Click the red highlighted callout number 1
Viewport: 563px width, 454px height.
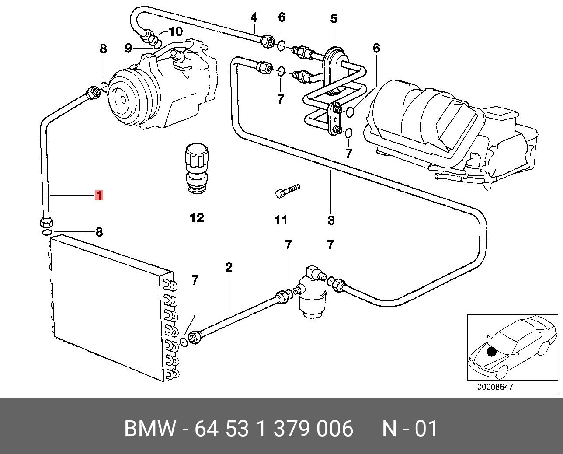tap(99, 195)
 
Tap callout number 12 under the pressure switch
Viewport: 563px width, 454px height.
tap(197, 217)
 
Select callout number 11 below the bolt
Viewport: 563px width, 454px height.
tap(281, 220)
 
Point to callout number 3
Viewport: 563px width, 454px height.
tap(331, 220)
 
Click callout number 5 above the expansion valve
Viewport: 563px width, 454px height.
tap(334, 19)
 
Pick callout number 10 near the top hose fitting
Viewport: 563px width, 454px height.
tap(176, 31)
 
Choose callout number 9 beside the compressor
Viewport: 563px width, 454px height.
tap(128, 48)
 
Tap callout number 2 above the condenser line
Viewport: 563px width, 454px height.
tap(229, 267)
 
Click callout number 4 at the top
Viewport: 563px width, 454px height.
tap(254, 17)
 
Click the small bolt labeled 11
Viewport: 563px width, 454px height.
tap(286, 191)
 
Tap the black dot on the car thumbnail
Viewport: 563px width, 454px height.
tap(492, 351)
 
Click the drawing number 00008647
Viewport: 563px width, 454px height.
tap(495, 387)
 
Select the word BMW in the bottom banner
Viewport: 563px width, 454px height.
tap(149, 429)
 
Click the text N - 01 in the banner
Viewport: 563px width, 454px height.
tap(410, 429)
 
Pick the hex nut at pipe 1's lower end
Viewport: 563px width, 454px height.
tap(45, 221)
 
